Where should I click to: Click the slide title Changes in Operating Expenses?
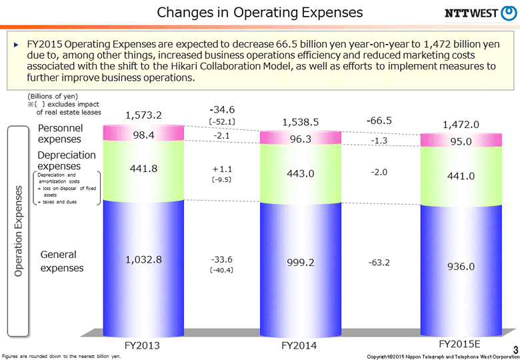(260, 12)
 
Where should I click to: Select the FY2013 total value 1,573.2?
(143, 115)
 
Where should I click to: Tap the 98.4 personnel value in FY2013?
(143, 135)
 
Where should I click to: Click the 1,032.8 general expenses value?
(143, 259)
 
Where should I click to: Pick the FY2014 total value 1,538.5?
(301, 121)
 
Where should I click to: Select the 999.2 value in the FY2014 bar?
(301, 263)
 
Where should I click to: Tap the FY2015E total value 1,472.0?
(461, 124)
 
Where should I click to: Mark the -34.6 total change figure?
(222, 109)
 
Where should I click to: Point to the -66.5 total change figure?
(379, 121)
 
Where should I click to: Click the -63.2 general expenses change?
(379, 263)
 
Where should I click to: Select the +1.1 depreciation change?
(221, 169)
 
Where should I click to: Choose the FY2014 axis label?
(300, 345)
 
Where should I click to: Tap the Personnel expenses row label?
(60, 133)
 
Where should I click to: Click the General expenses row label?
(62, 261)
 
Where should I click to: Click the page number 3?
(514, 349)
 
